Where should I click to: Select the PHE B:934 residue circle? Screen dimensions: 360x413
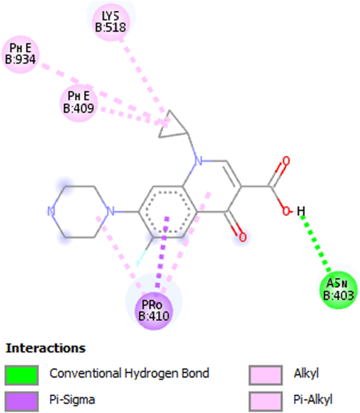coord(20,55)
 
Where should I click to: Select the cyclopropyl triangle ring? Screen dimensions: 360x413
coord(173,124)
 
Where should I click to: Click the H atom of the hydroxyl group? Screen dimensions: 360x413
coord(301,211)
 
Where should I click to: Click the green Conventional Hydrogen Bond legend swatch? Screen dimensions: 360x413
coord(22,375)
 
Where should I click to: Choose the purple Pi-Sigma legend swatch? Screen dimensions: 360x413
coord(22,401)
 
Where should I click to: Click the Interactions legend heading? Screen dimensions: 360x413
coord(45,348)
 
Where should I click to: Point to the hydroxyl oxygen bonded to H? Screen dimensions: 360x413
coord(286,211)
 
